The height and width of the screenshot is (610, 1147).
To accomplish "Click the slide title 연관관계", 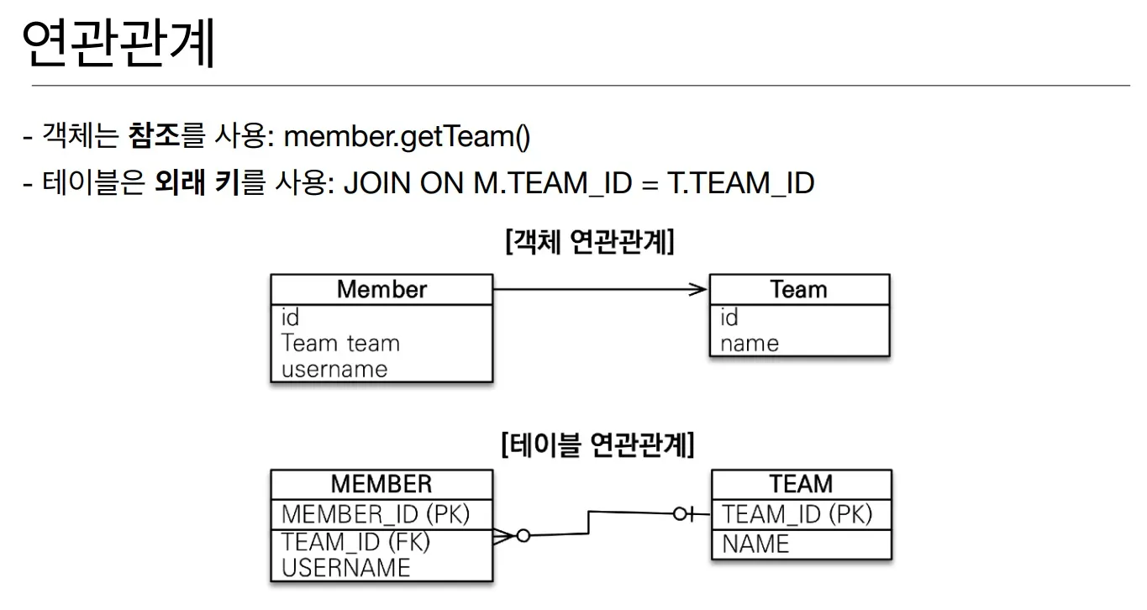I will click(118, 44).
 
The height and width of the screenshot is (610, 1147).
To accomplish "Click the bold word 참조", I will click(154, 135).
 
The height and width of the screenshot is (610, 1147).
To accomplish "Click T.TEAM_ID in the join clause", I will click(740, 182).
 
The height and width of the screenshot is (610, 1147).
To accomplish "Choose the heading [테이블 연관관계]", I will click(597, 444).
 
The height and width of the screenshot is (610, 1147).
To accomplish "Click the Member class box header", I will click(381, 289).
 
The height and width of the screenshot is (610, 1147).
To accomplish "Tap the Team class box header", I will click(798, 289).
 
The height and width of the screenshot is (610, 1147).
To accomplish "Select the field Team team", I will click(340, 343).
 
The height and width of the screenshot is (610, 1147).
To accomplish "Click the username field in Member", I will click(334, 369).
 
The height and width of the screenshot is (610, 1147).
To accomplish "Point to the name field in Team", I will click(749, 343).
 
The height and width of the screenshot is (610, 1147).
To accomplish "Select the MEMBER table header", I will click(381, 484).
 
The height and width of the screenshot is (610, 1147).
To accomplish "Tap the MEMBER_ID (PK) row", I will click(376, 513).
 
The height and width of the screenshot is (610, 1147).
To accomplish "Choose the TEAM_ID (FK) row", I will click(355, 541).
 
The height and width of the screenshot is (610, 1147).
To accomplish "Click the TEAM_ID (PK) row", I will click(797, 513).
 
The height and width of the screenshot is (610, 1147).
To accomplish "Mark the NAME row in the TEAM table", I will click(755, 544).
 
